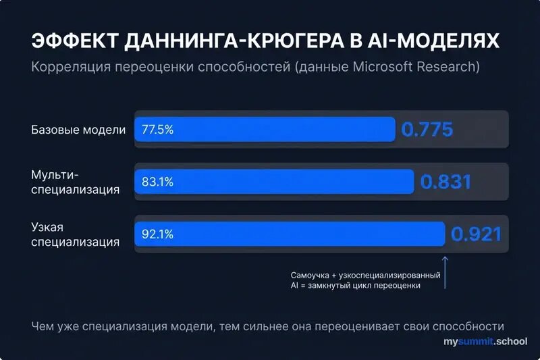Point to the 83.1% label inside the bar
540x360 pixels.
tap(157, 181)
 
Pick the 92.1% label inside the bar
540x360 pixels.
tap(157, 234)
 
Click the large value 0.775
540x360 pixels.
tap(427, 129)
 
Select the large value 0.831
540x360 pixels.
tap(446, 181)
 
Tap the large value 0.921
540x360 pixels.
tap(477, 234)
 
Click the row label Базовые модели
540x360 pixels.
tap(78, 129)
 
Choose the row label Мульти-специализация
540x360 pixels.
tap(75, 182)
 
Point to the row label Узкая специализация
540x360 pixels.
tap(75, 234)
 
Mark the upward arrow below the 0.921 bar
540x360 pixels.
tap(445, 272)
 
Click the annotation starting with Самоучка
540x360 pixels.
tap(365, 280)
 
